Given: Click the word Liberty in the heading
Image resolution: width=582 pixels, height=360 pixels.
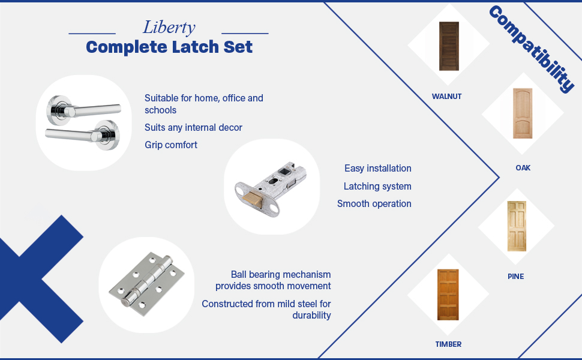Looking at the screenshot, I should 169,28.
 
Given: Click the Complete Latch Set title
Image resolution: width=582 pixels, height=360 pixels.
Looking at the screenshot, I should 169,47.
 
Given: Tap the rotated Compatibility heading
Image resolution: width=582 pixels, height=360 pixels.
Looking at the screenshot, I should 531,49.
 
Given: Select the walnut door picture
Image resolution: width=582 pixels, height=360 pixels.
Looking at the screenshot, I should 448,46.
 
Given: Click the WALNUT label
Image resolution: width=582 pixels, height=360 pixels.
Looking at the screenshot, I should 447,96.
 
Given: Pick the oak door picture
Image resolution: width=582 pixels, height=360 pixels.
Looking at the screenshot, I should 523,113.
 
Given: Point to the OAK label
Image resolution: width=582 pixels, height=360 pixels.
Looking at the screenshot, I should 523,168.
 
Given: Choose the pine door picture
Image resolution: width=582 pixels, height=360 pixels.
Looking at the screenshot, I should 516,226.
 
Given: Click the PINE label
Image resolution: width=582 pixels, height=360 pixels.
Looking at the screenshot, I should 515,277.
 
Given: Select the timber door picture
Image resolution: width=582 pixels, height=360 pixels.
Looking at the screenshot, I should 448,295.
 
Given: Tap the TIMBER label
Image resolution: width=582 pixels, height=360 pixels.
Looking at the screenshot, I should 448,344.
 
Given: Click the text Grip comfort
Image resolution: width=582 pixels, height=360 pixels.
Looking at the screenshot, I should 171,145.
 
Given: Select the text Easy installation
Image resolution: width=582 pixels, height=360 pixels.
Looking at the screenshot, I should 377,169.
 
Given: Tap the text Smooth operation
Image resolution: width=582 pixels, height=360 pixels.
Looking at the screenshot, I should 374,204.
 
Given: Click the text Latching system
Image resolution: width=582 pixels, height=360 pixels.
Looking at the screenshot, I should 377,187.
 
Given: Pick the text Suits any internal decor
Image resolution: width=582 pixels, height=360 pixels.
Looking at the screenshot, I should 193,127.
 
